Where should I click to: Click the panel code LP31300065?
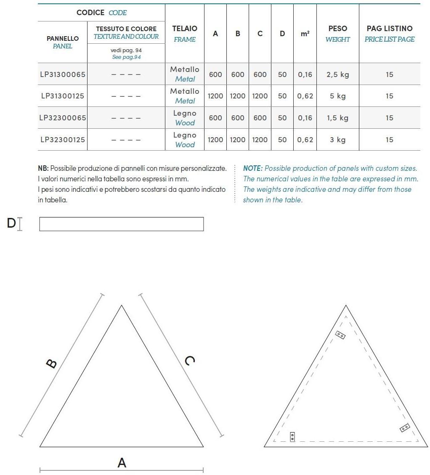pos(63,74)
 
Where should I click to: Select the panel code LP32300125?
pos(63,140)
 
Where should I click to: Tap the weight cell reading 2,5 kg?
pos(337,74)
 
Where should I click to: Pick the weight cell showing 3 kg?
pos(337,140)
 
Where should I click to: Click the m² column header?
pos(305,34)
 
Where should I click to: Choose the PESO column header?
pos(337,29)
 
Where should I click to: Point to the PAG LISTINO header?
pos(389,29)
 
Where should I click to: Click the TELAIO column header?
pos(185,29)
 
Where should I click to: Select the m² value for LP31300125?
pos(305,96)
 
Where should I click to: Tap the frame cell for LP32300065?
pos(185,118)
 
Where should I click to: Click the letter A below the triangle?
pos(122,463)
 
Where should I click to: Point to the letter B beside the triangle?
pos(51,364)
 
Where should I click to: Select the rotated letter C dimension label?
pos(190,361)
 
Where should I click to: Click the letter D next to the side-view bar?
pos(11,223)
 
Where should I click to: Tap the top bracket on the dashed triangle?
pos(340,335)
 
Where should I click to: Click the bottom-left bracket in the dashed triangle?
pos(292,437)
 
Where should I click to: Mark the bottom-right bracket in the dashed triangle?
pos(405,428)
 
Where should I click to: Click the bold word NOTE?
pos(252,168)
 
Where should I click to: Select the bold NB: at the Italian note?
pos(43,168)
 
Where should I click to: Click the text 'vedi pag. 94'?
pos(126,50)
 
